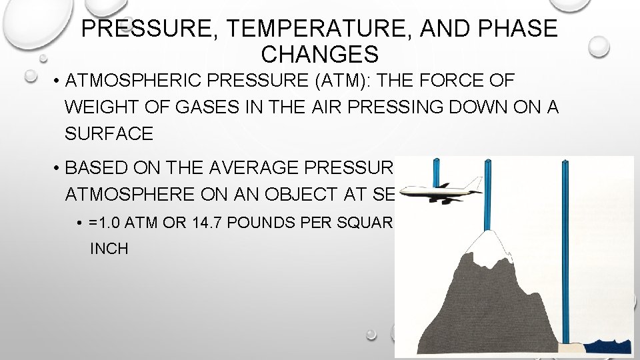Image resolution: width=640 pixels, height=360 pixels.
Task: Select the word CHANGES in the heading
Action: coord(320,53)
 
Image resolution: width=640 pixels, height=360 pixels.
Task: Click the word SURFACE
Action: coord(109,133)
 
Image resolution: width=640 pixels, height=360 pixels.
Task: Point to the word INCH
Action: coord(109,249)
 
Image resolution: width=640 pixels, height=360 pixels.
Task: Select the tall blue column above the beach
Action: coord(565,253)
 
